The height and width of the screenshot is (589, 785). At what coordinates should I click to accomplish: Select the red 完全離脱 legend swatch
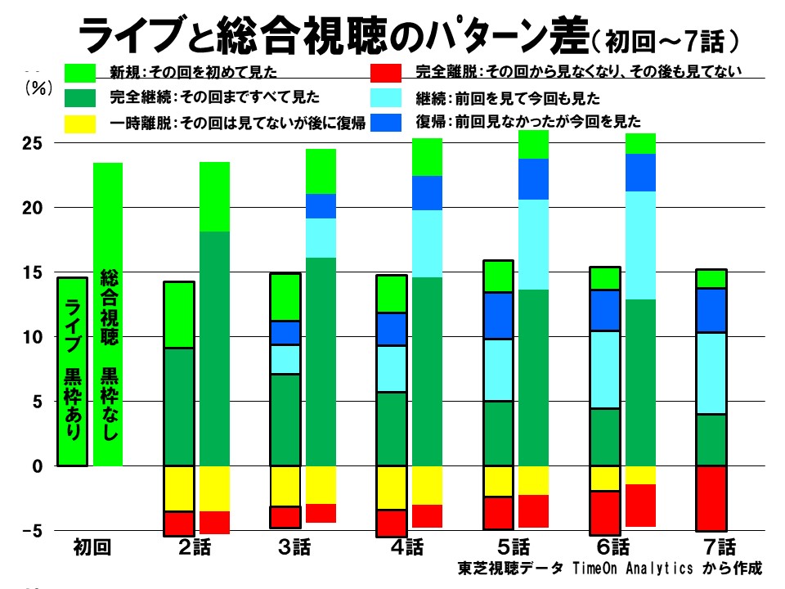386,73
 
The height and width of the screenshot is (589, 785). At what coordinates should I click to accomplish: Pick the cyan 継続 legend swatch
386,99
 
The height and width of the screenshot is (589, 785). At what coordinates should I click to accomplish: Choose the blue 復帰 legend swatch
386,123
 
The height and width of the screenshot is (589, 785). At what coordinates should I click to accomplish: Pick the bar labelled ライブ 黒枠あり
72,371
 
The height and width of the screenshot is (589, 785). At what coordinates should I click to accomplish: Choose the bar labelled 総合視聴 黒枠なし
108,315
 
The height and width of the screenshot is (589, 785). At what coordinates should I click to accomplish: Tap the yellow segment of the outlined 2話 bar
179,488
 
